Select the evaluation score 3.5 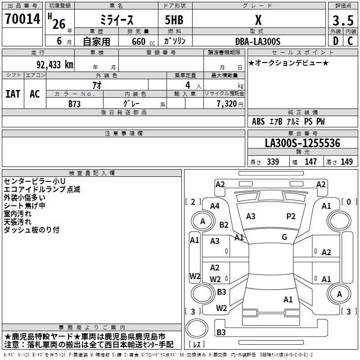[342, 21]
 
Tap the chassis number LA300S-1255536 [302, 143]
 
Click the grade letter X [258, 20]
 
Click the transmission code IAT [13, 94]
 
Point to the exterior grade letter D [335, 41]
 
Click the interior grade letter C [350, 41]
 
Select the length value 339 [273, 162]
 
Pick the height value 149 [346, 162]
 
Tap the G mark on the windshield [284, 237]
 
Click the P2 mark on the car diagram [291, 216]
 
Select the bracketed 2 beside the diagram [193, 202]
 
